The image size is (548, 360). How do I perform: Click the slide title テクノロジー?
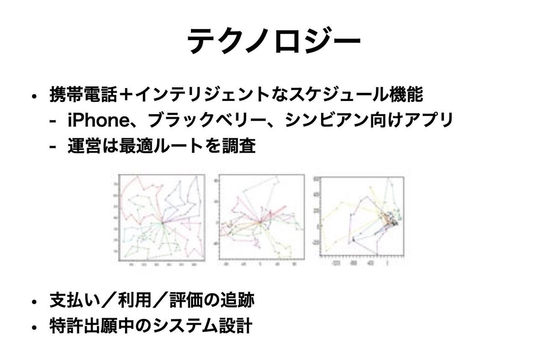(x=274, y=41)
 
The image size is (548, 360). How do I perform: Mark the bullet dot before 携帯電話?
(x=34, y=96)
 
